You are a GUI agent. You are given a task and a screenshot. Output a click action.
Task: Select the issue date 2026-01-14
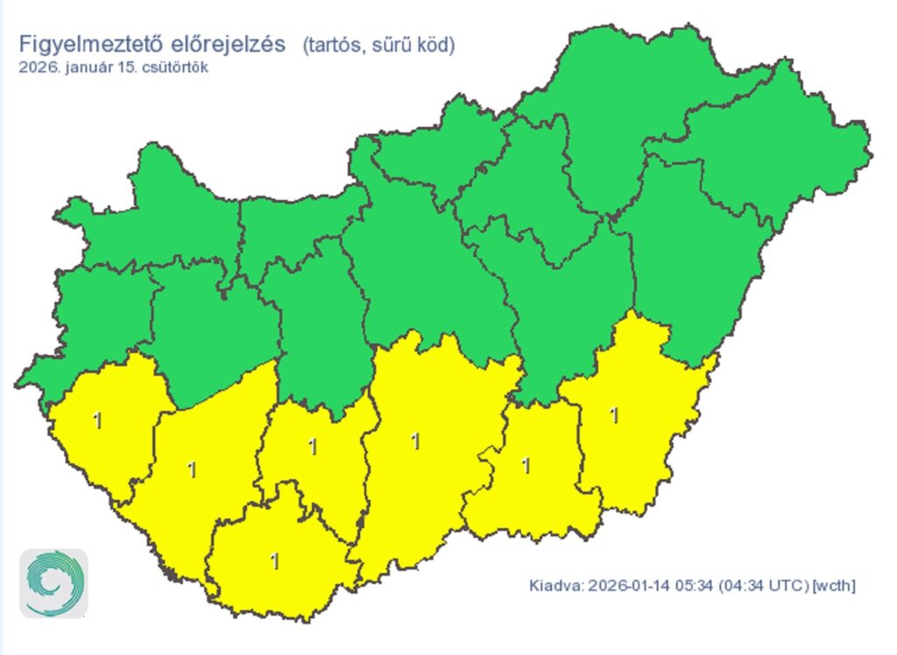click(627, 584)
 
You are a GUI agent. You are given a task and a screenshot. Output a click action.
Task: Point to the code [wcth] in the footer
click(834, 584)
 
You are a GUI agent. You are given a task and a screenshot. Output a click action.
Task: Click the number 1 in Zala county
click(98, 421)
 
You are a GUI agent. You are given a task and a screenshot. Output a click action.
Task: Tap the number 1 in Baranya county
click(276, 560)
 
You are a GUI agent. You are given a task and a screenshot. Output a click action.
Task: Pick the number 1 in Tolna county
click(313, 447)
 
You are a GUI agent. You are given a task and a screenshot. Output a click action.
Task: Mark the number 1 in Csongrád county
click(526, 466)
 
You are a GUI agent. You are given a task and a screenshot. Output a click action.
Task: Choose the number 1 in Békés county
click(614, 415)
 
